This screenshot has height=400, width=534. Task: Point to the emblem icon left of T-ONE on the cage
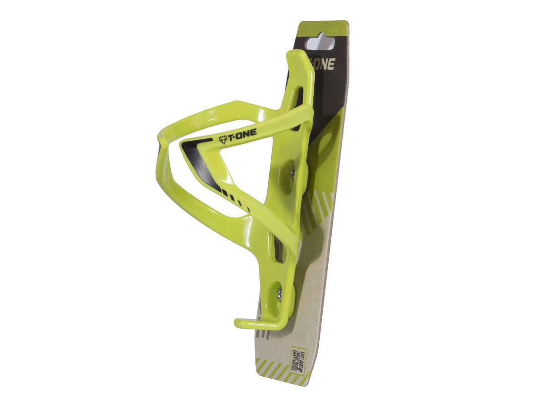point(222,140)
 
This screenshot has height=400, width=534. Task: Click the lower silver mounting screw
point(280,291)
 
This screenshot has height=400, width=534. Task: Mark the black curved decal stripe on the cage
point(194,160)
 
